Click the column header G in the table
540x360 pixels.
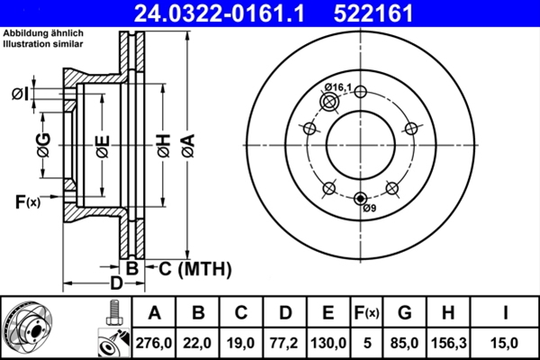(404, 313)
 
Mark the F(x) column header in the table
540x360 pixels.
(366, 313)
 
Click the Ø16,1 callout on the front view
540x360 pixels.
(338, 86)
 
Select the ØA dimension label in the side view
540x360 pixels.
(186, 144)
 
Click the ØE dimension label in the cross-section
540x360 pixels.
(102, 144)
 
